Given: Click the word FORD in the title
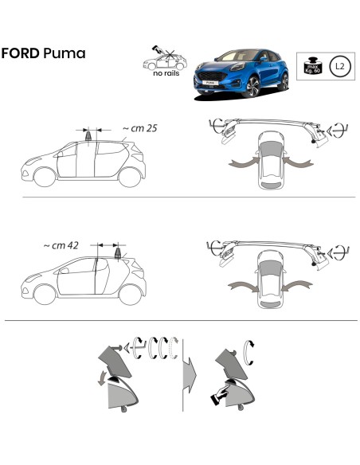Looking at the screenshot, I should click(22, 53).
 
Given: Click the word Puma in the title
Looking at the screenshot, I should click(67, 54).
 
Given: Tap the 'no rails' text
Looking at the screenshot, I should click(168, 76).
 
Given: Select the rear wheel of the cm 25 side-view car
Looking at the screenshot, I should click(128, 178).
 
